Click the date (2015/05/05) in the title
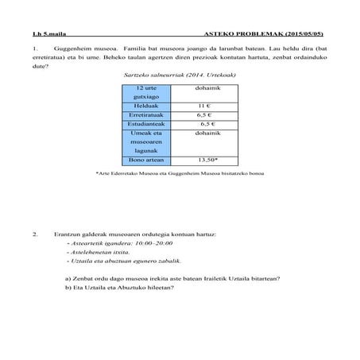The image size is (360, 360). (x=308, y=35)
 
